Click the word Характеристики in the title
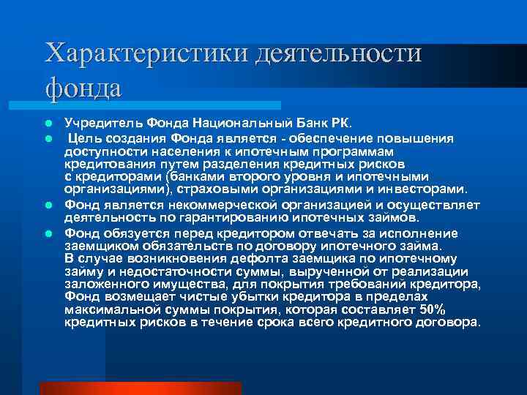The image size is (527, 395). point(145,55)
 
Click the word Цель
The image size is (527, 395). point(88,138)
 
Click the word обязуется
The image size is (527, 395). point(129,233)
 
